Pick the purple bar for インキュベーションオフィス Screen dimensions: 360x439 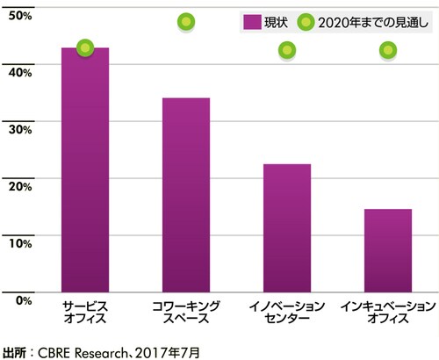[x=388, y=249]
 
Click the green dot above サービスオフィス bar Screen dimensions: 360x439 [x=85, y=47]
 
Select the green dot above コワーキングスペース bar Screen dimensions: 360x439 [x=185, y=21]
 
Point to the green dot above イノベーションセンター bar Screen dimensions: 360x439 [x=287, y=51]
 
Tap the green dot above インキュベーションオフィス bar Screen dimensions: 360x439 [x=388, y=51]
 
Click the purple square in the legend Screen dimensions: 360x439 [x=250, y=21]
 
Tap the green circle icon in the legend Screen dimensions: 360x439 [x=304, y=21]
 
